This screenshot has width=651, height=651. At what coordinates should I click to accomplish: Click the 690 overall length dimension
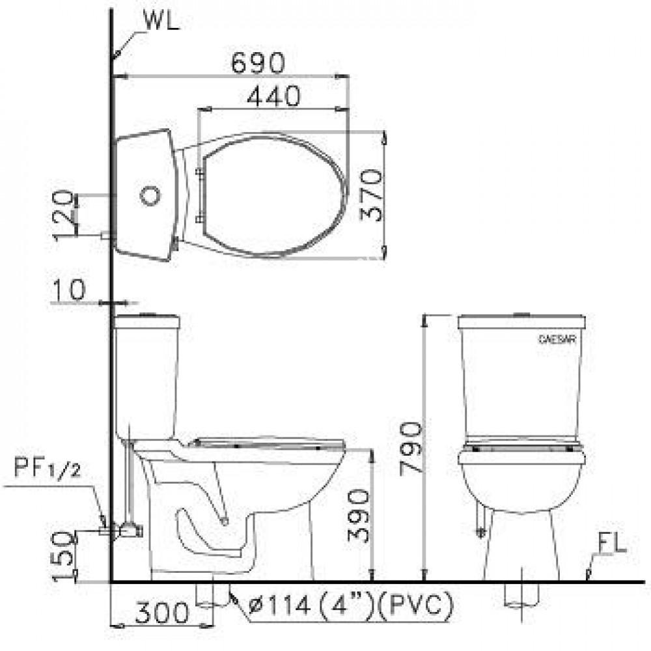pos(259,62)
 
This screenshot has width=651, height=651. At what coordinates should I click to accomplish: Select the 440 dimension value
pos(273,96)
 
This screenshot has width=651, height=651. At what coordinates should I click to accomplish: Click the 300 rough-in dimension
pos(161,613)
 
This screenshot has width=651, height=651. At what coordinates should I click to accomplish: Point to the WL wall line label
pos(159,21)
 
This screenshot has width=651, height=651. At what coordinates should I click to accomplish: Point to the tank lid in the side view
pos(147,321)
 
